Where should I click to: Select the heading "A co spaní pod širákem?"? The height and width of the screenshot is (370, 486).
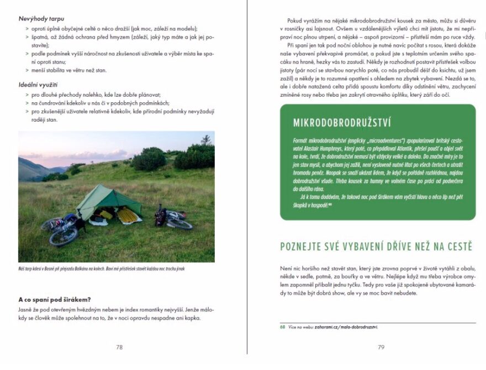(55, 299)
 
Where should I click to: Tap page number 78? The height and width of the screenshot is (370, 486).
(119, 347)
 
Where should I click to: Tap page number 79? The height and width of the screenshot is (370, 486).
(381, 347)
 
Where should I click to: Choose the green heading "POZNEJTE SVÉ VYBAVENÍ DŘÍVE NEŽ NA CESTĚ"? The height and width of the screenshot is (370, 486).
(376, 247)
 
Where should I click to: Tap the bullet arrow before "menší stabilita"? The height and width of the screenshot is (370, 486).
(27, 70)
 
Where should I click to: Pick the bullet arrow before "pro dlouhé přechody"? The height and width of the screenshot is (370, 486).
(27, 95)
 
